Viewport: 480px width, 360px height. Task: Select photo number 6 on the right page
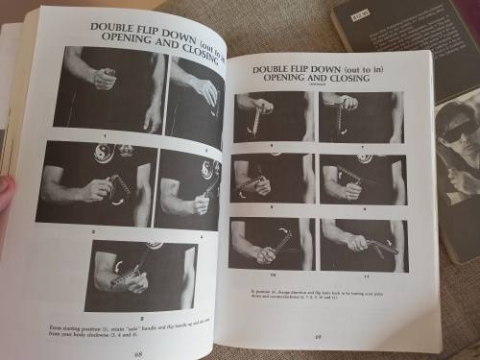[272, 115]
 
